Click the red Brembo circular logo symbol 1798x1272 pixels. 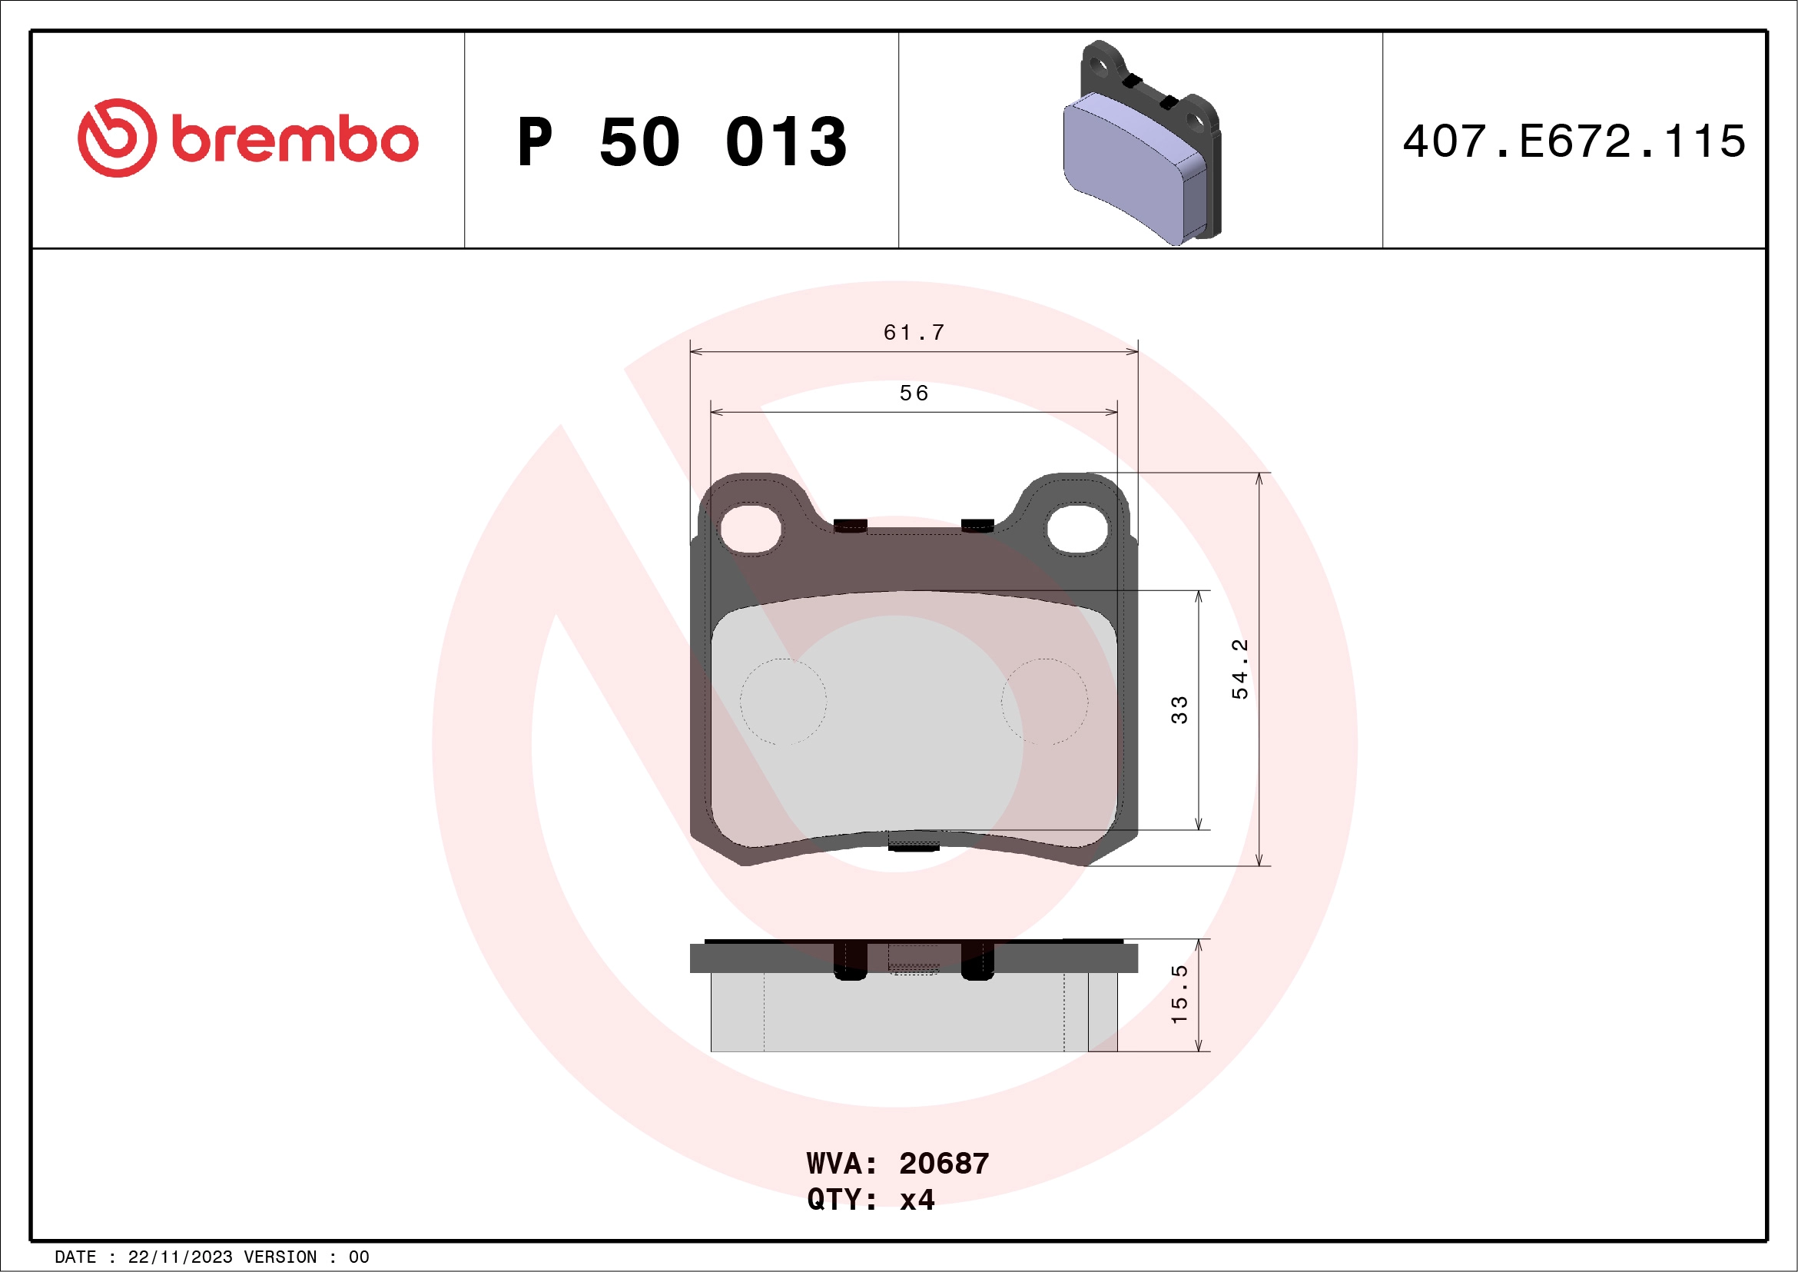pyautogui.click(x=117, y=138)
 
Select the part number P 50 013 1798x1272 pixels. pyautogui.click(x=682, y=141)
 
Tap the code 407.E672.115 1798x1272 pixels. pyautogui.click(x=1574, y=141)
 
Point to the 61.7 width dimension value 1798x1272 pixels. pyautogui.click(x=913, y=333)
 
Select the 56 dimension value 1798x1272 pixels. pyautogui.click(x=913, y=394)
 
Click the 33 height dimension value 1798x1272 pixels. pyautogui.click(x=1179, y=709)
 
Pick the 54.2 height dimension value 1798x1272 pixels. pyautogui.click(x=1239, y=669)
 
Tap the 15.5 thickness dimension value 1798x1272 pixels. pyautogui.click(x=1179, y=994)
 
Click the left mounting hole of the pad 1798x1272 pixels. pyautogui.click(x=750, y=529)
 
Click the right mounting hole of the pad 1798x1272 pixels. pyautogui.click(x=1077, y=529)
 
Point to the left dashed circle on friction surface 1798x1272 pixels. pyautogui.click(x=783, y=701)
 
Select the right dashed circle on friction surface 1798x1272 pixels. pyautogui.click(x=1044, y=701)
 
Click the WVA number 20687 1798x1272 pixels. pyautogui.click(x=944, y=1164)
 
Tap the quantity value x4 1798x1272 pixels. pyautogui.click(x=916, y=1200)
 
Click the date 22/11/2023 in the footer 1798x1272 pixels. pyautogui.click(x=180, y=1257)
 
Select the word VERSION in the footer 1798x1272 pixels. pyautogui.click(x=280, y=1257)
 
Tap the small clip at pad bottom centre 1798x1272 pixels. pyautogui.click(x=913, y=840)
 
